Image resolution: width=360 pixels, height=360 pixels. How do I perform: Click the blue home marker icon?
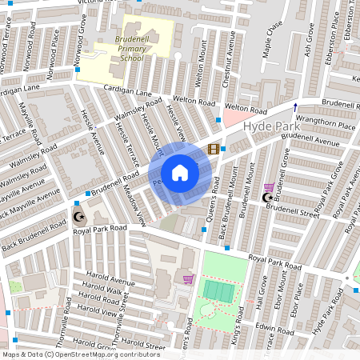pos(180,173)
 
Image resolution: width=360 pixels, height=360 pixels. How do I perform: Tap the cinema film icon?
pos(213,149)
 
